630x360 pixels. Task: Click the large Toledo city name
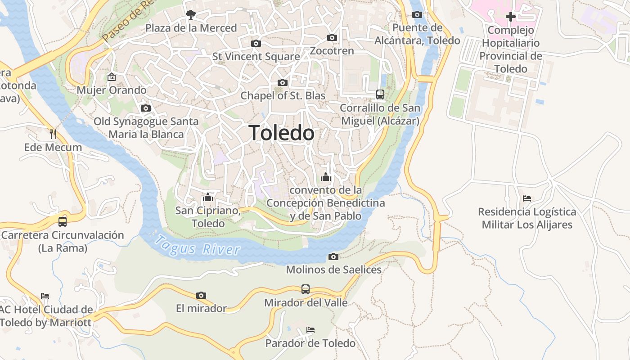pos(282,133)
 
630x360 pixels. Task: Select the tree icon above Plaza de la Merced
pos(191,15)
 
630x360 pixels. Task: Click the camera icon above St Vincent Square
pos(256,43)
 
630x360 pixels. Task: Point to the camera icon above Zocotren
pos(332,37)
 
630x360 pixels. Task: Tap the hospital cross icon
pos(511,17)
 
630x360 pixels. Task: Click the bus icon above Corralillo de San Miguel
pos(380,94)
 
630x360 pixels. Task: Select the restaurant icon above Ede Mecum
pos(53,134)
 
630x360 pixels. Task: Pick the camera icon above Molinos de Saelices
pos(333,256)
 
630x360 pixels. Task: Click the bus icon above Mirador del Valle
pos(306,289)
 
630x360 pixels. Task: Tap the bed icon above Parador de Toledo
pos(310,330)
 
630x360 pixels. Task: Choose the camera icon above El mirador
pos(201,295)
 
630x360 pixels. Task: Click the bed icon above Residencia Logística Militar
pos(527,198)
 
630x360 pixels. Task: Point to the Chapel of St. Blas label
pos(283,95)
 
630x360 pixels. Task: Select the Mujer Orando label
pos(112,90)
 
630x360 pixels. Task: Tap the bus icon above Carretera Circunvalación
pos(63,221)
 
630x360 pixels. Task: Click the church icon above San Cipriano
pos(207,197)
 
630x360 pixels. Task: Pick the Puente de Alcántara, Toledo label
pos(418,34)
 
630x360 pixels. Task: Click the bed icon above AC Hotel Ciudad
pos(45,296)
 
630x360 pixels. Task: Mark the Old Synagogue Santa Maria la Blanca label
pos(146,128)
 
